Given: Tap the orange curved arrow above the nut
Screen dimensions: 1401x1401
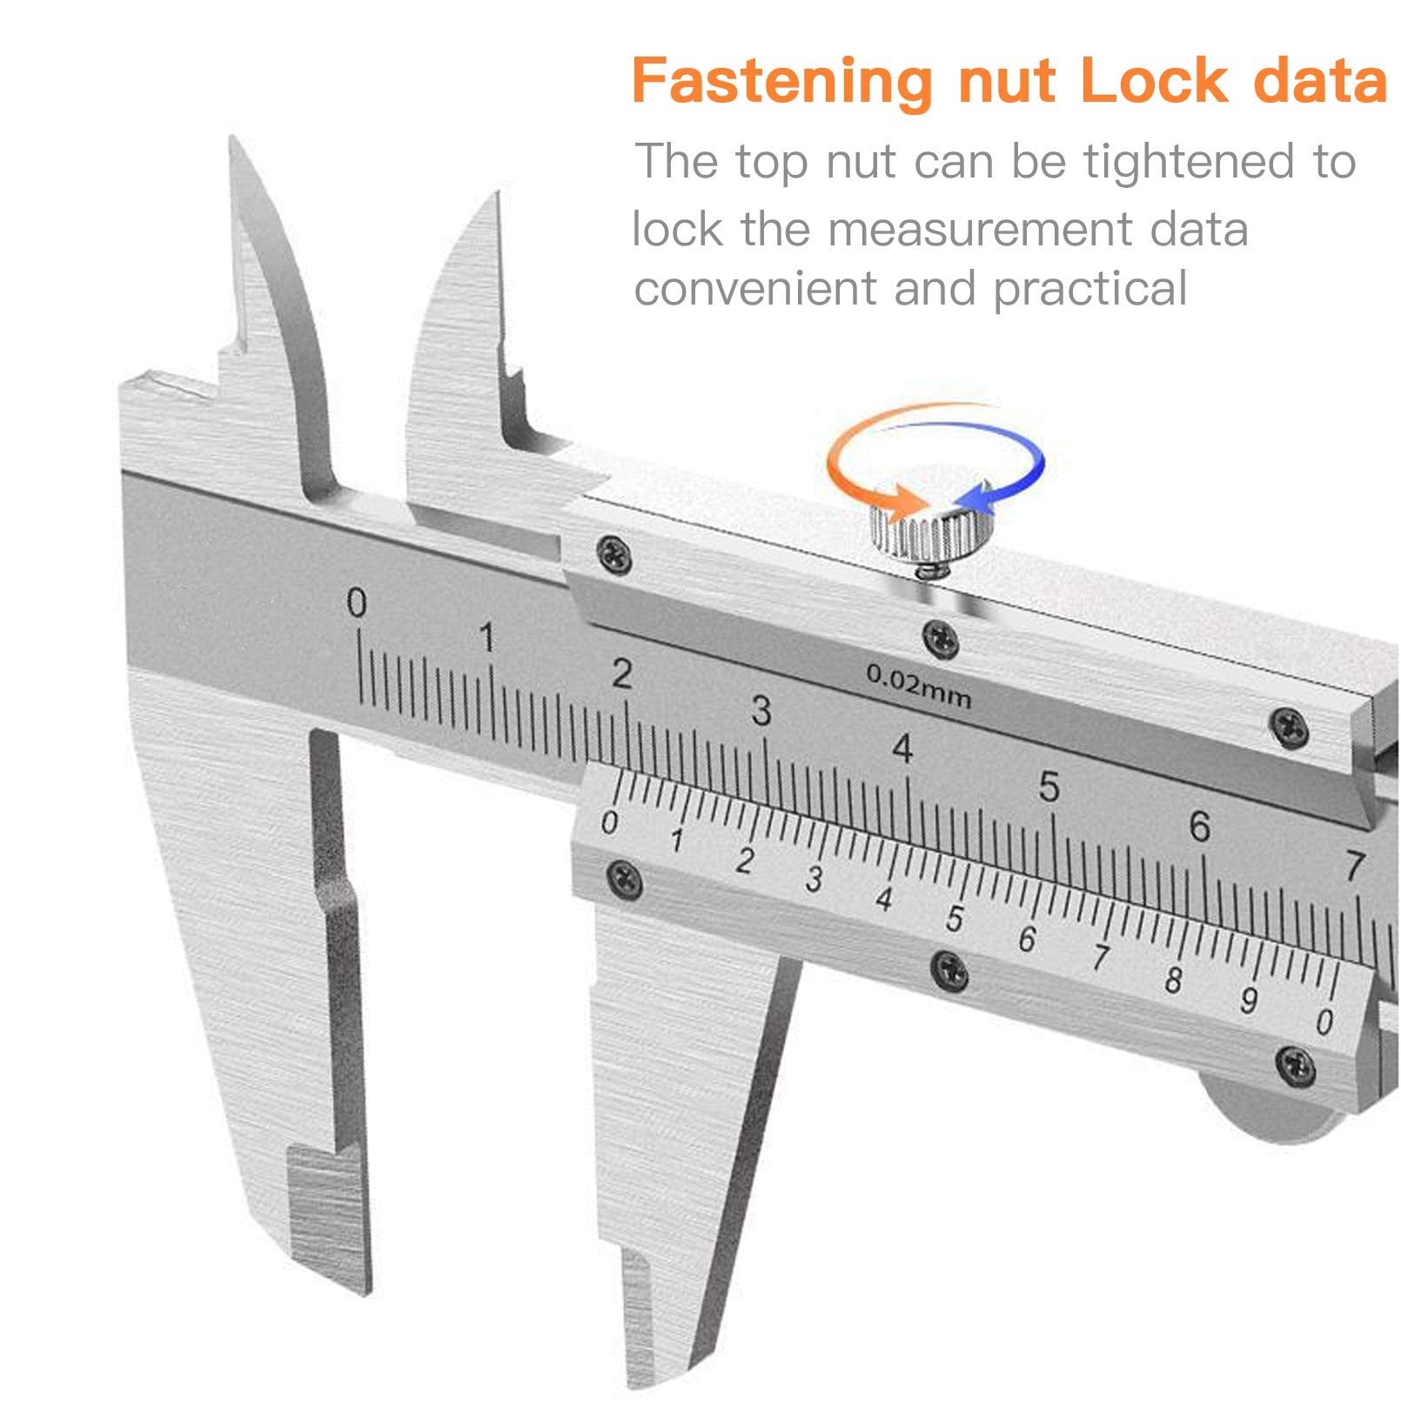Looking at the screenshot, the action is [857, 461].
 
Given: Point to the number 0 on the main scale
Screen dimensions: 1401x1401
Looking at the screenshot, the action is [357, 602].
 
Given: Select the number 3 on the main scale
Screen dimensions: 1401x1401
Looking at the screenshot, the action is [761, 711].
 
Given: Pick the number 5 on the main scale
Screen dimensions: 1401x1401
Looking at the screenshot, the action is [1049, 787].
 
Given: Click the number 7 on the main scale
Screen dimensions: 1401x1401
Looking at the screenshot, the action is [1354, 866].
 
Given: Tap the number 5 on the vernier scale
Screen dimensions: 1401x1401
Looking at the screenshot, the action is [955, 918].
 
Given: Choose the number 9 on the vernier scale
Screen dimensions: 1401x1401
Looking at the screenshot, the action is [1249, 1000].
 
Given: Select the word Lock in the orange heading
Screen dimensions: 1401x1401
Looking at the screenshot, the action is [1153, 80].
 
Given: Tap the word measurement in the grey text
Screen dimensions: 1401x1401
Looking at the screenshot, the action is [981, 230].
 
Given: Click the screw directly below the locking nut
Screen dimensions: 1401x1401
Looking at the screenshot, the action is [941, 640].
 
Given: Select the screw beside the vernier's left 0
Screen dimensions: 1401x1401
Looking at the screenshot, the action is [624, 879].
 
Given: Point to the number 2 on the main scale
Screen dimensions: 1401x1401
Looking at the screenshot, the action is [621, 674].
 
